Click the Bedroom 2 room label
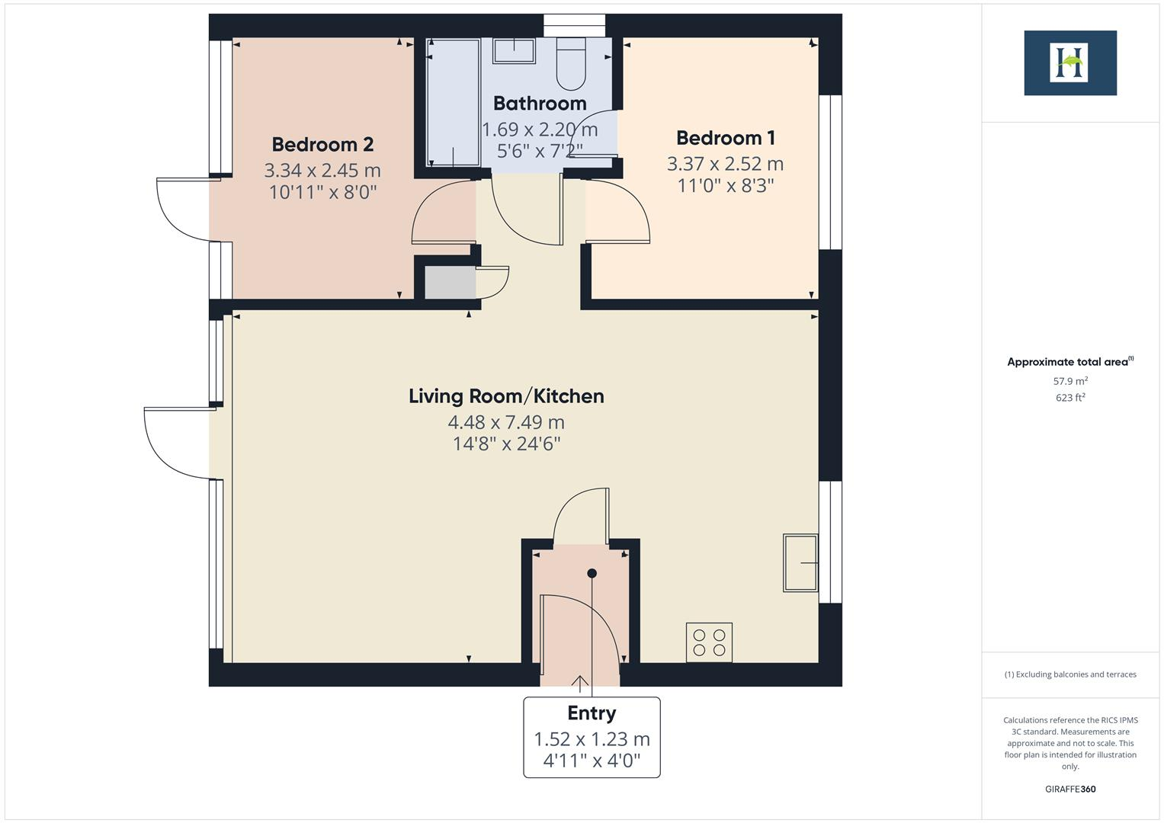click(322, 144)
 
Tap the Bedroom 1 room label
click(725, 138)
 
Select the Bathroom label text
click(540, 104)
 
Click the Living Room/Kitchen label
click(506, 396)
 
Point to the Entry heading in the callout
click(592, 713)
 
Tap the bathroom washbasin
click(514, 50)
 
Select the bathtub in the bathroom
click(453, 102)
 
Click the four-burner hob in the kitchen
click(709, 641)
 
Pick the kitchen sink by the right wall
click(800, 563)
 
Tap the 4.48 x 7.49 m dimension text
click(506, 422)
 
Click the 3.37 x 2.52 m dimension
click(725, 164)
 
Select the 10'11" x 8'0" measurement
click(322, 192)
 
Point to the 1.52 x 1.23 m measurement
click(592, 739)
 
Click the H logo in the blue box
click(1069, 63)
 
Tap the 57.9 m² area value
click(1069, 381)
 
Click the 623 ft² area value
click(1069, 398)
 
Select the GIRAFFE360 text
click(1069, 789)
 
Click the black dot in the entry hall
click(592, 573)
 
